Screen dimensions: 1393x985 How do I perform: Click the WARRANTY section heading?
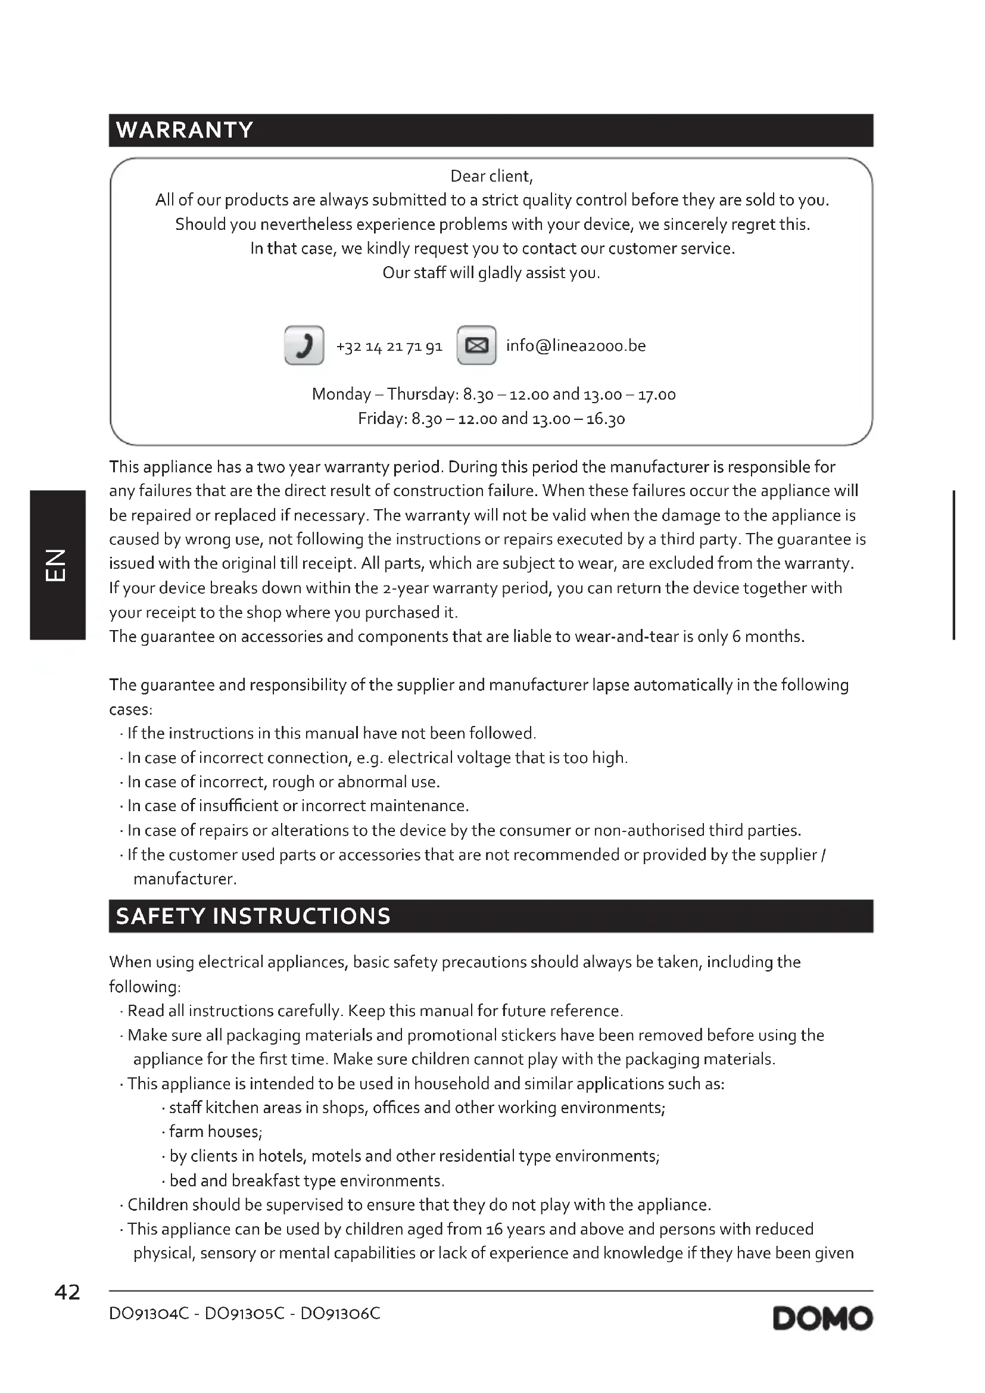(185, 130)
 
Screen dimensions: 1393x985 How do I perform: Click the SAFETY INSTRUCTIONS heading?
(253, 916)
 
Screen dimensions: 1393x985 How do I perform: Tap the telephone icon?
(304, 345)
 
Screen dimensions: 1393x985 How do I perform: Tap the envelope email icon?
(476, 345)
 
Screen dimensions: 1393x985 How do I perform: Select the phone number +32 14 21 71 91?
(389, 347)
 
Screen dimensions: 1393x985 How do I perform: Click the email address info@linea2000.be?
(576, 346)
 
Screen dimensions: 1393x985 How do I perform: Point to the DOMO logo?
(822, 1319)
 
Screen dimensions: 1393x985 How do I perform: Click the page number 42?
(67, 1292)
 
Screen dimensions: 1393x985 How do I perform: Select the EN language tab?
(57, 565)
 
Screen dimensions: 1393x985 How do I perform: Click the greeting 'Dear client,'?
(491, 176)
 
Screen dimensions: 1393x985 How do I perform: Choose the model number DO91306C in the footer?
(340, 1314)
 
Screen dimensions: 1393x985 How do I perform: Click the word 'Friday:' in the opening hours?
(382, 419)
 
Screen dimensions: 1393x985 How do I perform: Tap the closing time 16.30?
(605, 419)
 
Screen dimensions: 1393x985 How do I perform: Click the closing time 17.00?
(656, 395)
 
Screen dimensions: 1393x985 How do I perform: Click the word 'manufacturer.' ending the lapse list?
(185, 879)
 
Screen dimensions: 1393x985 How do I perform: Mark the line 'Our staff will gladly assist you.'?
(491, 273)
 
